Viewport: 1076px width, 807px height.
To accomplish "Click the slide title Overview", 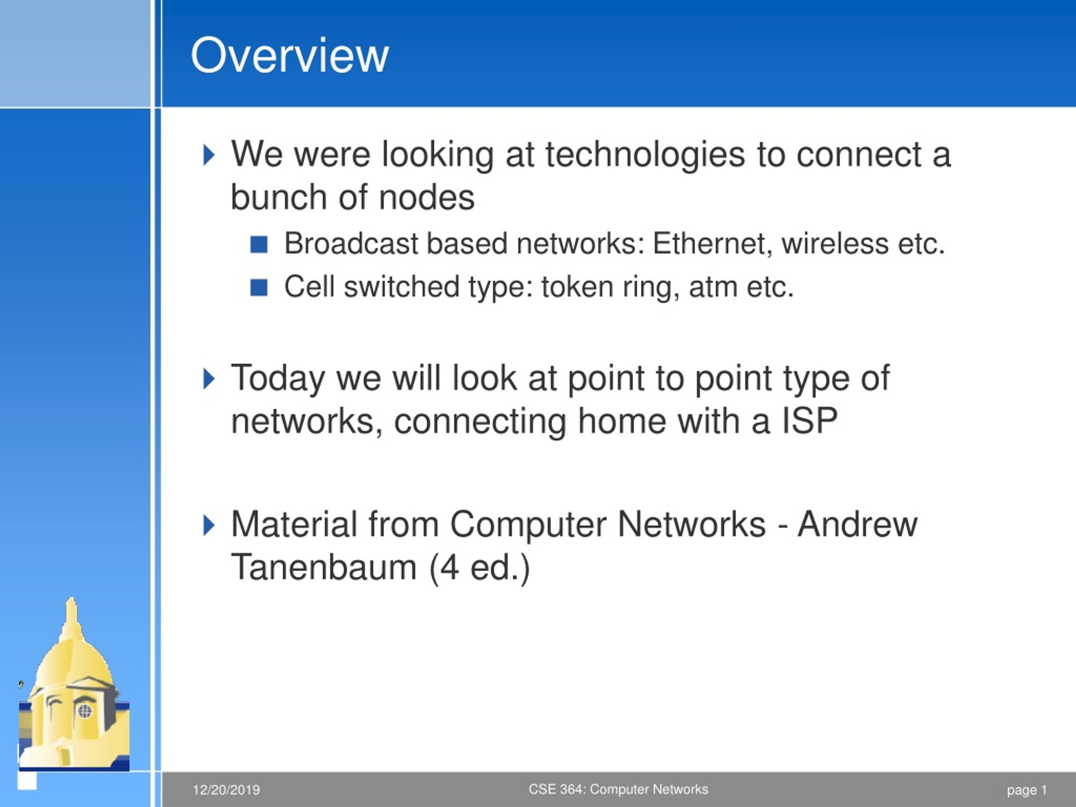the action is pyautogui.click(x=290, y=56).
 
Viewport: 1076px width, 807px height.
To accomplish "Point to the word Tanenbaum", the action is pyautogui.click(x=324, y=568).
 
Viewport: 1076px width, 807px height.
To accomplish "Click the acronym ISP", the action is pyautogui.click(x=809, y=421).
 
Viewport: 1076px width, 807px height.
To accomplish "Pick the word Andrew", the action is pyautogui.click(x=857, y=525).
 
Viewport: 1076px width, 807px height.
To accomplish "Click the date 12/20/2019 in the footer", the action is pyautogui.click(x=226, y=790).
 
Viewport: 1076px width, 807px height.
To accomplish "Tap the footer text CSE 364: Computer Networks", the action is pyautogui.click(x=618, y=789).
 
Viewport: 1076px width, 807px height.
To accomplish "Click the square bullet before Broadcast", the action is pyautogui.click(x=259, y=245).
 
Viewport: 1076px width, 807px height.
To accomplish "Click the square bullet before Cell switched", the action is pyautogui.click(x=259, y=287).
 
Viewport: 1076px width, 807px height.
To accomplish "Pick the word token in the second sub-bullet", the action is pyautogui.click(x=578, y=287).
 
